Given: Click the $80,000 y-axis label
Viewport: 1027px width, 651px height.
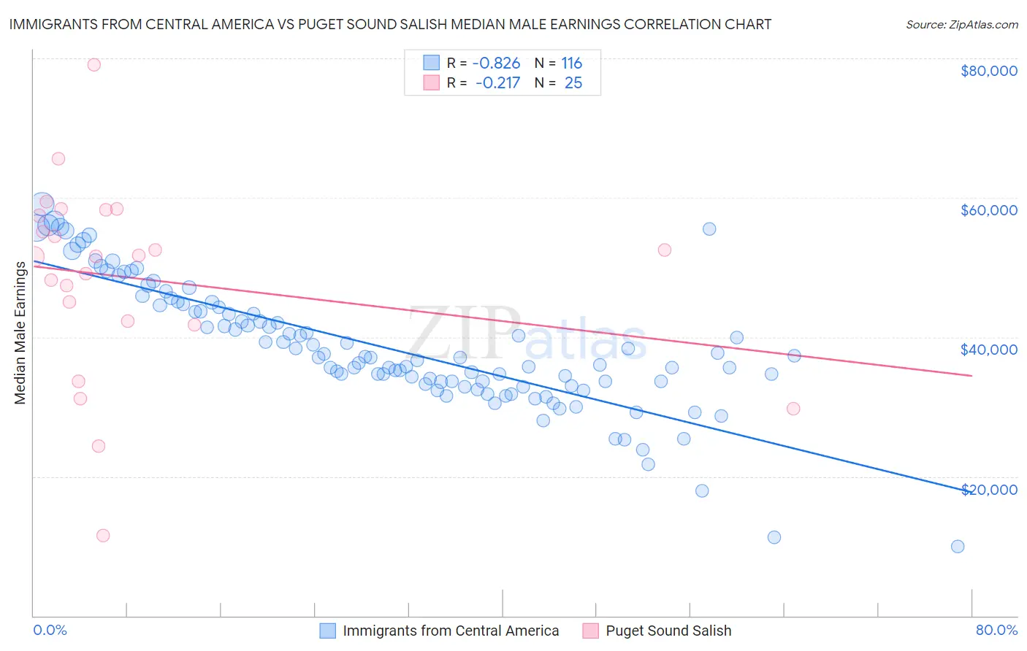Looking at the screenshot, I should coord(988,71).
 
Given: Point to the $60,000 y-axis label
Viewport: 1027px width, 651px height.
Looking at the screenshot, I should coord(988,210).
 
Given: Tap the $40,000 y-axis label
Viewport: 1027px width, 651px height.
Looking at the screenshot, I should coord(988,350).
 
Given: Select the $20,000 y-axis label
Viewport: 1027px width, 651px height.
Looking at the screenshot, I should coord(988,489).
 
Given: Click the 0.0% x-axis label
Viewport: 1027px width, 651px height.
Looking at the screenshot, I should coord(50,630).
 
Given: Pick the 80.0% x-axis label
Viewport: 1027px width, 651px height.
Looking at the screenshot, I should coord(996,630).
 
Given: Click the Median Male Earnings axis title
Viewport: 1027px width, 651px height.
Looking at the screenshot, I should coord(20,332).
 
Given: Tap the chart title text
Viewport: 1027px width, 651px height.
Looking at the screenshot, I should coord(390,24).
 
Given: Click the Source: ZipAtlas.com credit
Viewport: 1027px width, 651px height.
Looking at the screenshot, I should coord(961,24).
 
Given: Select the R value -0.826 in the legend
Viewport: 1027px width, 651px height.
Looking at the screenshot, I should coord(497,63).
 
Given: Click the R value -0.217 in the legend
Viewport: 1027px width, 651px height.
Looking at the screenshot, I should coord(497,83).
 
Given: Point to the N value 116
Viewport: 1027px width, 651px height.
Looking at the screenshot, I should coord(571,63).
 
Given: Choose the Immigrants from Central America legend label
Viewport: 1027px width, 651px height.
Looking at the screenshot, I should coord(451,631).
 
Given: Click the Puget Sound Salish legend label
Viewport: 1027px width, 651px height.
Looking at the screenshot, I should coord(668,631).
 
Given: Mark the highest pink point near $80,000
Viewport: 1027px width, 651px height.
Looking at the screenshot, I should coord(93,64).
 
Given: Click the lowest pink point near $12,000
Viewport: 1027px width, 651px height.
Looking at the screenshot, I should coord(103,536).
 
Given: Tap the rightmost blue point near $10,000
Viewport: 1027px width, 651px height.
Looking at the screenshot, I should coord(958,547).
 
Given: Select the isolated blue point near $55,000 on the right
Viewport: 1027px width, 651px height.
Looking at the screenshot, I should coord(709,229).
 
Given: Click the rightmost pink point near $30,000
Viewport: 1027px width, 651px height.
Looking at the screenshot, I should coord(793,409).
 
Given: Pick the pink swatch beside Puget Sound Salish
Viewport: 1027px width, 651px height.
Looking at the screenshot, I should coord(590,631).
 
